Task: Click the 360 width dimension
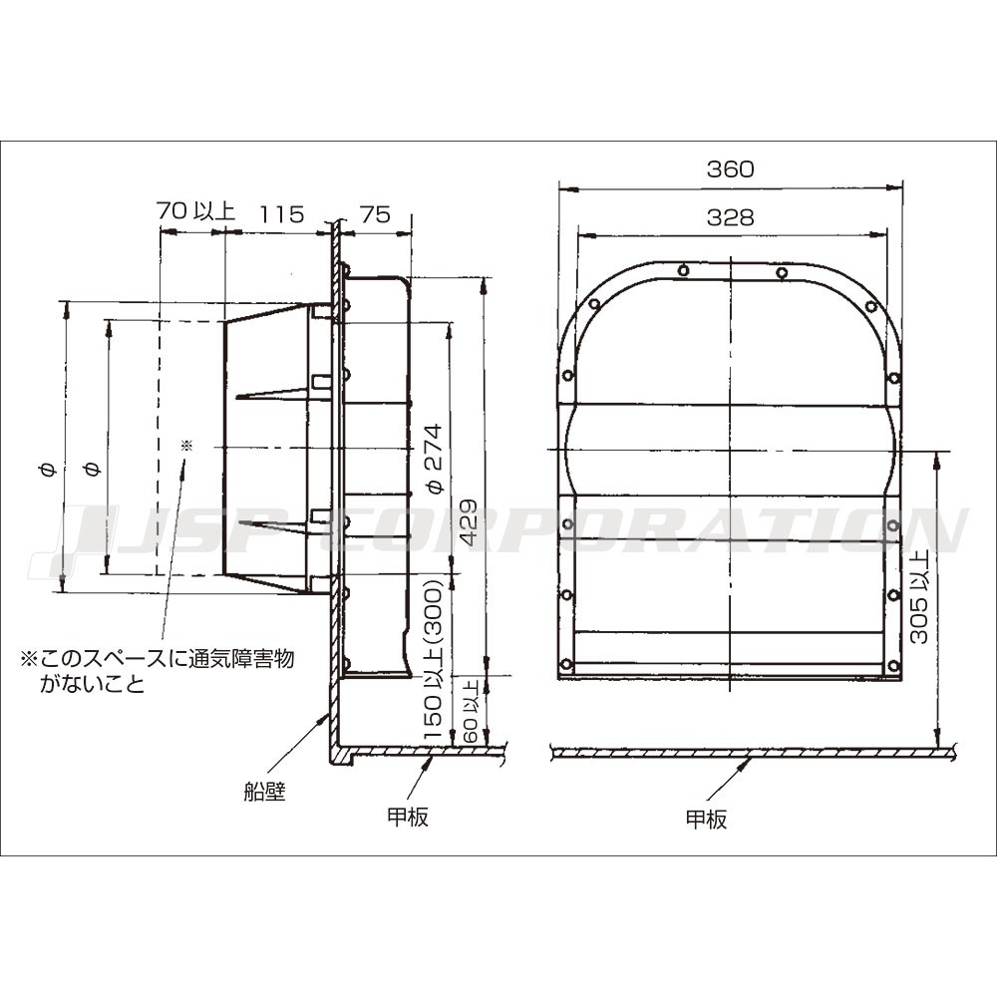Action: (730, 169)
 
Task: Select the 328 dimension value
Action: (730, 217)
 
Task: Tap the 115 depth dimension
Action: (280, 214)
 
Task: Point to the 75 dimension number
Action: (375, 214)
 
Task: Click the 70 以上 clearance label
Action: (195, 210)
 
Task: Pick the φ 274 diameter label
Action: (435, 459)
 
